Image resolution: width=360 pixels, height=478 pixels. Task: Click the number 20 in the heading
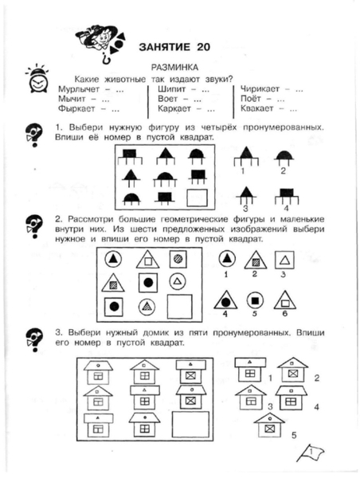[x=203, y=47]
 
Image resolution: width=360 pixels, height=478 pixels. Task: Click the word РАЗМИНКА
[x=174, y=67]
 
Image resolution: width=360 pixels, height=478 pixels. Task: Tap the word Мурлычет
[x=79, y=89]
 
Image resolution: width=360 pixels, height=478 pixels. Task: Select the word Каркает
[x=174, y=109]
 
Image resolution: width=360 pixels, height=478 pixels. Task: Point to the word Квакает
[x=256, y=108]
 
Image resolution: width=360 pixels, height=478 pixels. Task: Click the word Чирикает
[x=260, y=89]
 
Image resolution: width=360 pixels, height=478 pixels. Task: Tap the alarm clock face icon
[x=37, y=79]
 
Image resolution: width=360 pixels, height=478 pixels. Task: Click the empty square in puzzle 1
[x=197, y=198]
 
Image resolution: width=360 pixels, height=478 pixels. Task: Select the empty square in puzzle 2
[x=179, y=306]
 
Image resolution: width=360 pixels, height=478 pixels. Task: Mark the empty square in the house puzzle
[x=190, y=425]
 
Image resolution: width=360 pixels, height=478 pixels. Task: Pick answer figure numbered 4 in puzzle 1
[x=287, y=197]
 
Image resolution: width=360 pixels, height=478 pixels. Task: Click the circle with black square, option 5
[x=255, y=301]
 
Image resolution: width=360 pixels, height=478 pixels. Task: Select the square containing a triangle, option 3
[x=284, y=260]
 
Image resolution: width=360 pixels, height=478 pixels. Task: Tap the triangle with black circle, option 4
[x=225, y=300]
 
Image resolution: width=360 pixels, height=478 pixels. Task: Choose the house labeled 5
[x=269, y=425]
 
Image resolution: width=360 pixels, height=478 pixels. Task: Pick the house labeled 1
[x=250, y=370]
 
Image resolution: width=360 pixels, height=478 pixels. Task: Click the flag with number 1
[x=310, y=453]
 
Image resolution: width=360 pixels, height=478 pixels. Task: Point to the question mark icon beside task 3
[x=34, y=340]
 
